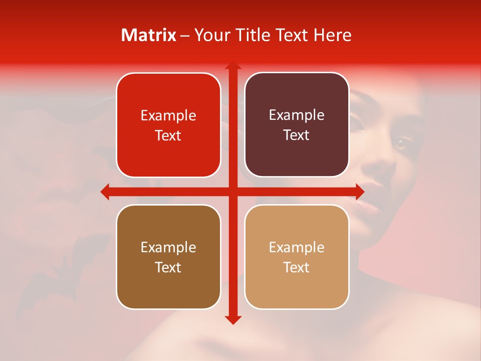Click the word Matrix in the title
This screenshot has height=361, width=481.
[x=149, y=35]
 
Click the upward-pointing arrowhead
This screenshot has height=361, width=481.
[x=232, y=65]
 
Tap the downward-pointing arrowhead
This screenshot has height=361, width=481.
[x=232, y=319]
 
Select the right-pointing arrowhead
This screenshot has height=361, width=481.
[x=360, y=192]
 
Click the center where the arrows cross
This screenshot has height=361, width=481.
[x=232, y=192]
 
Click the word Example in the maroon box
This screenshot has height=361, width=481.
[x=297, y=115]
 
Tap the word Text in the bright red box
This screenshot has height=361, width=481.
[x=168, y=136]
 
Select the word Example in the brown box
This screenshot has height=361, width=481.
[x=168, y=247]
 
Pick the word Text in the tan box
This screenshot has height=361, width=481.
[x=297, y=268]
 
